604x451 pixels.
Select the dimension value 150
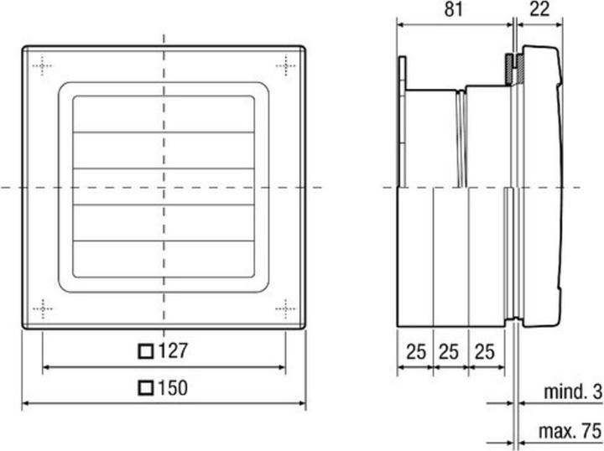tap(172, 388)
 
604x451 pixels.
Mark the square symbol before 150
tap(146, 388)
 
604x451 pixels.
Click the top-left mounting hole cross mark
tap(42, 65)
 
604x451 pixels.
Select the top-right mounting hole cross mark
tap(285, 65)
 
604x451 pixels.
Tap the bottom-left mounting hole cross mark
tap(42, 308)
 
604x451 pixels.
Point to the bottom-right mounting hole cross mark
tap(285, 308)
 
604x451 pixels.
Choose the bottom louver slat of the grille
tap(164, 259)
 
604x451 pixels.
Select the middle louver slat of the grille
tap(164, 186)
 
